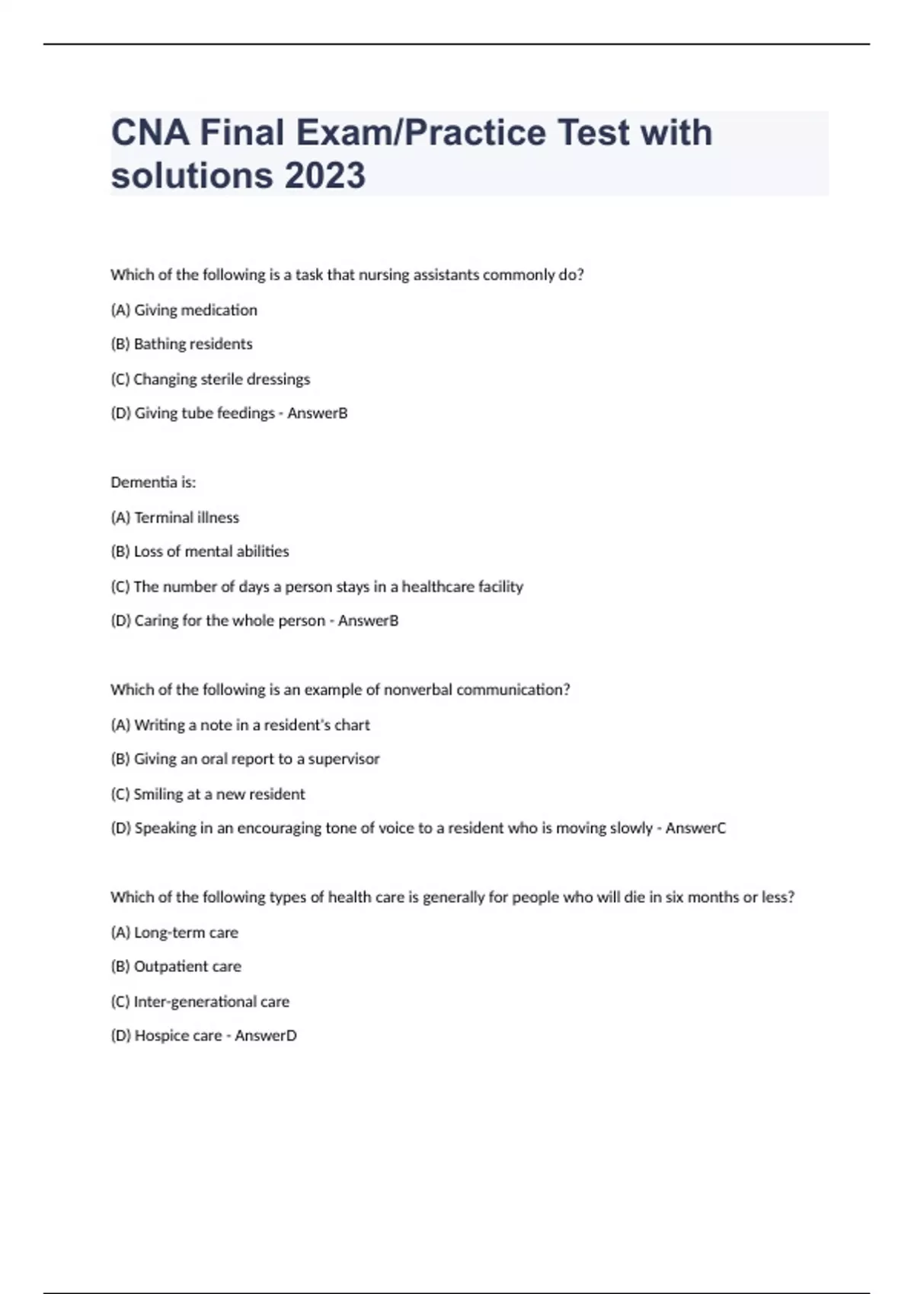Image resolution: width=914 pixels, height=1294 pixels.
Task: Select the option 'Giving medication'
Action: [184, 310]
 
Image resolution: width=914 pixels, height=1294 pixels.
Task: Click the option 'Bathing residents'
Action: [182, 344]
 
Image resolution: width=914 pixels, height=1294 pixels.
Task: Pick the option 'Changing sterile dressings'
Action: [211, 379]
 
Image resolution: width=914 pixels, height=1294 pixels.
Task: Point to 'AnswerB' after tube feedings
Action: [318, 413]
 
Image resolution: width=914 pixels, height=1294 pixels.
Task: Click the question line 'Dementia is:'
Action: [153, 483]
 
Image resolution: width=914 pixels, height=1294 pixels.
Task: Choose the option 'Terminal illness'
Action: [175, 518]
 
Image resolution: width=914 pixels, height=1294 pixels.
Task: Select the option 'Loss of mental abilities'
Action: [200, 552]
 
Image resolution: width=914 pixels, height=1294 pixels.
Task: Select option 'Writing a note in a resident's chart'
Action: [241, 725]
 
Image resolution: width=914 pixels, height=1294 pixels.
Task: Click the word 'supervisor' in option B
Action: [344, 759]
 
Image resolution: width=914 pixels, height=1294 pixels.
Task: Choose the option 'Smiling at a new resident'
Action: [208, 794]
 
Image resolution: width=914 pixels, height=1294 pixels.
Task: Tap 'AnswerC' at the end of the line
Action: [695, 828]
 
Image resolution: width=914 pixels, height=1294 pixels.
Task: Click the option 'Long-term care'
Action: [175, 932]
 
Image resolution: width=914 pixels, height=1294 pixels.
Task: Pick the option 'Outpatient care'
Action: [177, 967]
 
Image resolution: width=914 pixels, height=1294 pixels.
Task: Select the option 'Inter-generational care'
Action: [200, 1002]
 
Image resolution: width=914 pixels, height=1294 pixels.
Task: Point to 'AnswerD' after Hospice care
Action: [266, 1036]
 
